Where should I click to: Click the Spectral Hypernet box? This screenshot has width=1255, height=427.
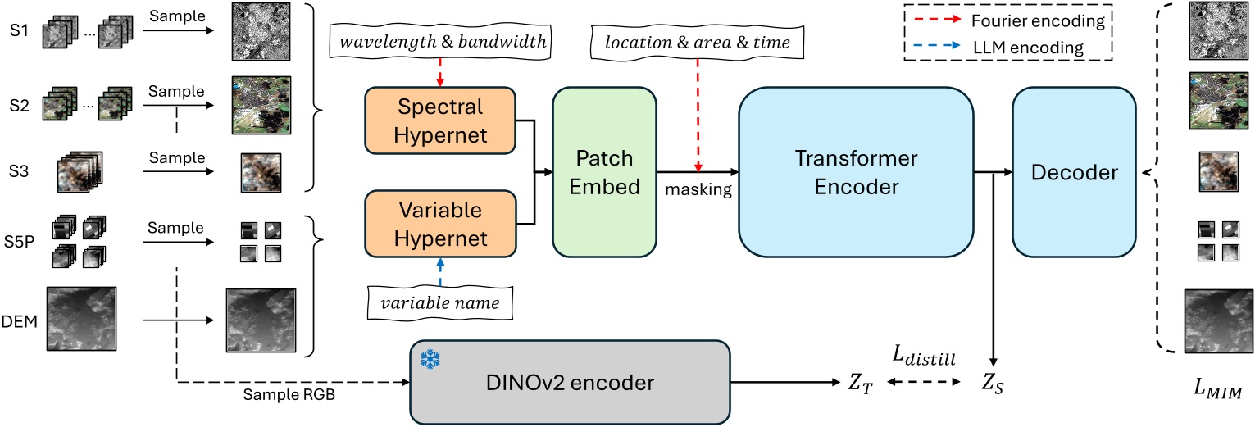click(x=439, y=121)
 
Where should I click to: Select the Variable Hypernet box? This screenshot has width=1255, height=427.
click(x=439, y=224)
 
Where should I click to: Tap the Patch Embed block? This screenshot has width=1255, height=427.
click(x=605, y=173)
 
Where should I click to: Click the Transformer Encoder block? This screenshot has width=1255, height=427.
click(x=856, y=173)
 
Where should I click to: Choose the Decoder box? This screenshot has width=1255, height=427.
click(x=1074, y=173)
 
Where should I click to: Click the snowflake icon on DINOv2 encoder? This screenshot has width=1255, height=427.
click(x=428, y=358)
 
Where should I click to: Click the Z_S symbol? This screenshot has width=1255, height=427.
click(x=993, y=383)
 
